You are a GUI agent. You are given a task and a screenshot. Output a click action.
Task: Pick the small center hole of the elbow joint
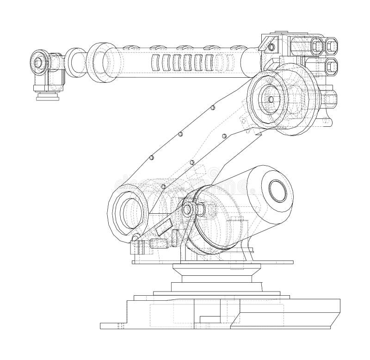tap(269, 98)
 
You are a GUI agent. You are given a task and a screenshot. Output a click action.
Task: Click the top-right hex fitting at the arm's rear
tap(332, 45)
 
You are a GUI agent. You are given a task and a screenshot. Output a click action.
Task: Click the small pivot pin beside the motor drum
tap(187, 209)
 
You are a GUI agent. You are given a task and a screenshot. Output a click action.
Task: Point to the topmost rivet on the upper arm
tap(212, 107)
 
